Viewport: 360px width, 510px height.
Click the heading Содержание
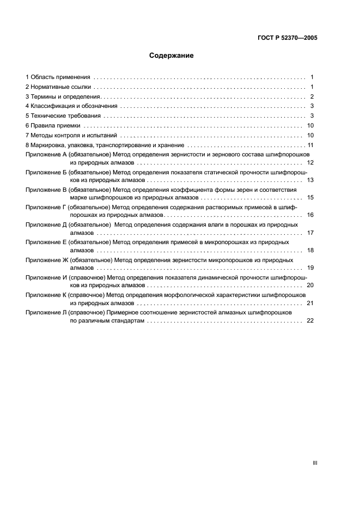pyautogui.click(x=172, y=55)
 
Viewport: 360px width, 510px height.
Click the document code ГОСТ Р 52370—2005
pyautogui.click(x=286, y=38)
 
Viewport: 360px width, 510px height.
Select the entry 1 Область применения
pyautogui.click(x=58, y=77)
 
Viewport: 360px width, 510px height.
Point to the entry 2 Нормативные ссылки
pyautogui.click(x=59, y=87)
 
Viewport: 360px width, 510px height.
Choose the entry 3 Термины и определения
pyautogui.click(x=63, y=96)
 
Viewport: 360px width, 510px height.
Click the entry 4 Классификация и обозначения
pyautogui.click(x=71, y=106)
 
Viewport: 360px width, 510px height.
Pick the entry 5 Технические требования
pyautogui.click(x=63, y=116)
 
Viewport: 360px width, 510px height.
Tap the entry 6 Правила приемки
pyautogui.click(x=53, y=125)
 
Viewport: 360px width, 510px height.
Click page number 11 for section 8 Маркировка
pyautogui.click(x=311, y=145)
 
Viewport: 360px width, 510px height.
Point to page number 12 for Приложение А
pyautogui.click(x=310, y=162)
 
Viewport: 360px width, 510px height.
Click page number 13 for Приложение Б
pyautogui.click(x=310, y=179)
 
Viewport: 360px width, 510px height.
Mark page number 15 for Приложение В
pyautogui.click(x=310, y=197)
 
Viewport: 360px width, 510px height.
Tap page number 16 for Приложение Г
pyautogui.click(x=310, y=215)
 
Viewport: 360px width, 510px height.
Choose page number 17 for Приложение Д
pyautogui.click(x=310, y=233)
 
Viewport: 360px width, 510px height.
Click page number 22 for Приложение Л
pyautogui.click(x=310, y=321)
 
